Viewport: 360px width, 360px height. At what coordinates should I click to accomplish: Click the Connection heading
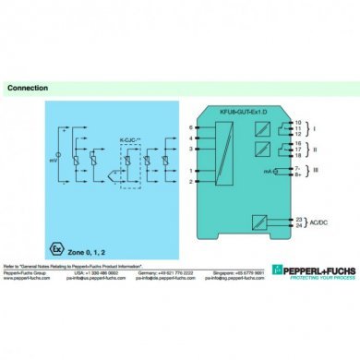pos(28,89)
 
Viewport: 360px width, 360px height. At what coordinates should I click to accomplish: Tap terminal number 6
pos(190,127)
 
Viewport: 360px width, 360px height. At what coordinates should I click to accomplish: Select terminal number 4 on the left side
pos(190,138)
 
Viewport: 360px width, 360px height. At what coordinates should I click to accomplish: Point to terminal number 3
pos(190,148)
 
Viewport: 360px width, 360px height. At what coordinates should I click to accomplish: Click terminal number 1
pos(190,171)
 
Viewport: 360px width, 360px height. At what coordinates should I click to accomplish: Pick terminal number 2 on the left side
pos(190,182)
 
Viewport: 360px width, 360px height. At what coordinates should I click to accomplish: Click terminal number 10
pos(298,121)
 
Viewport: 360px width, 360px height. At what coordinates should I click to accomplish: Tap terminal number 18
pos(298,157)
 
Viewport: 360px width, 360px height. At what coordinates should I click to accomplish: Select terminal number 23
pos(298,218)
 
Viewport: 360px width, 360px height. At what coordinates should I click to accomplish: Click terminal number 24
pos(298,225)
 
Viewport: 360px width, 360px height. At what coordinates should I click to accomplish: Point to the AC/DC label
pos(318,222)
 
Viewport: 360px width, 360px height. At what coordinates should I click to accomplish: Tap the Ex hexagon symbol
pos(57,224)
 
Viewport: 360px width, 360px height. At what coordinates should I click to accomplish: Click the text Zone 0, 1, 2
pos(90,225)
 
